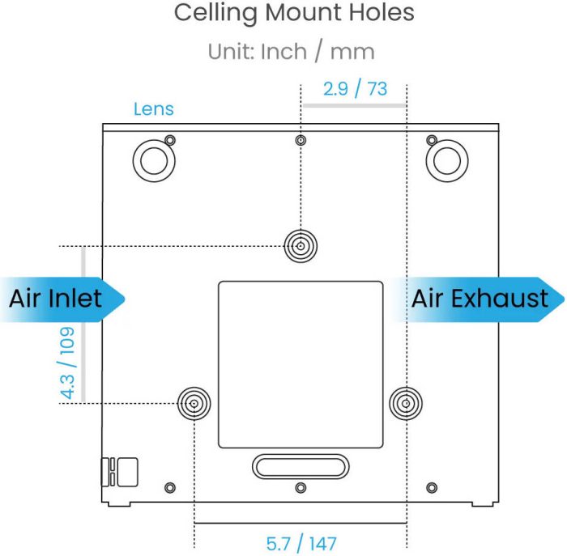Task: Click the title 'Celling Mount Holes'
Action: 294,14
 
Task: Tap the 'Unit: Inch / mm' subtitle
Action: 291,52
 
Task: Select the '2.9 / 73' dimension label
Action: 355,89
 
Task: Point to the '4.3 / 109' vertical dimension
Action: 67,363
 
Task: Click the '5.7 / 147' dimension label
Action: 301,544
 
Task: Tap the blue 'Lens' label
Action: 154,109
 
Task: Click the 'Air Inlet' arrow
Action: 62,299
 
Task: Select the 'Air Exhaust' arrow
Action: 477,299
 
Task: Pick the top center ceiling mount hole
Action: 301,246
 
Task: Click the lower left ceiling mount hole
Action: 194,403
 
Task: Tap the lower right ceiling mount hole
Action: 406,403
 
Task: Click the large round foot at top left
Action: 154,161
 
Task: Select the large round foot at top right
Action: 447,161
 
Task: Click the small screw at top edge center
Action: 301,140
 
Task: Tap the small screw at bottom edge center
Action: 301,488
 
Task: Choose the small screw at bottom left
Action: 170,488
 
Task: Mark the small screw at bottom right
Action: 432,488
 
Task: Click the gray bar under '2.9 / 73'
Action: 355,105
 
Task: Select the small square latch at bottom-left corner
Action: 128,472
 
